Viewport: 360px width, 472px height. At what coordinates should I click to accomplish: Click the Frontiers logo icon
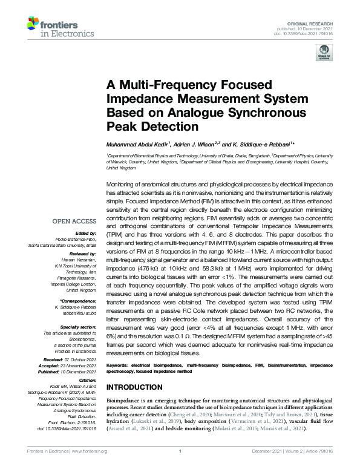click(34, 24)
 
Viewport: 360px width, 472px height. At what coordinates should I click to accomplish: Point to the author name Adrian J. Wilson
click(195, 145)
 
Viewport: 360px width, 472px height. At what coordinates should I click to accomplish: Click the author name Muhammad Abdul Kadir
click(138, 145)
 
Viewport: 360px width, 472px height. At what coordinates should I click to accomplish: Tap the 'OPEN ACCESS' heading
click(75, 221)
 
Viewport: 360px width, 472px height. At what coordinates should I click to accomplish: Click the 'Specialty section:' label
click(79, 326)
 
